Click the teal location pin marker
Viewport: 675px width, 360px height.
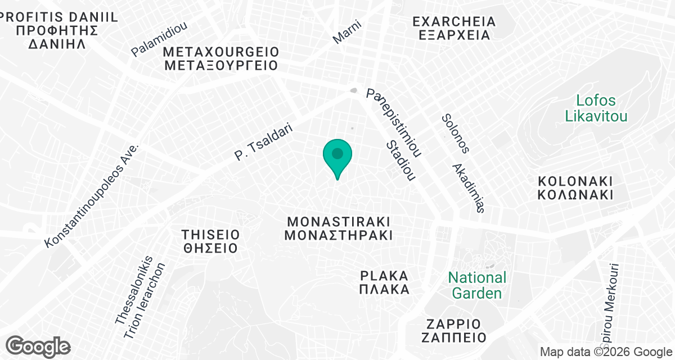[x=337, y=156]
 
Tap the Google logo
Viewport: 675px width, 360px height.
[x=38, y=346]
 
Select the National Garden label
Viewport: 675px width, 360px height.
[x=477, y=285]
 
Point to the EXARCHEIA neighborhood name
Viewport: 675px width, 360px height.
[x=454, y=22]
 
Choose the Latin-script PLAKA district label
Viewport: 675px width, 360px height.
[x=385, y=276]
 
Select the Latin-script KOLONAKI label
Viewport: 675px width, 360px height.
[x=574, y=182]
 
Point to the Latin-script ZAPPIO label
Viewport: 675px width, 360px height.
[x=453, y=324]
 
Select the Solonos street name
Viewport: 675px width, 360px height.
[x=455, y=133]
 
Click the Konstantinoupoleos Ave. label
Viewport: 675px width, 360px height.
[x=92, y=195]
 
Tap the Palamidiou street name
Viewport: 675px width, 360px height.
[x=159, y=39]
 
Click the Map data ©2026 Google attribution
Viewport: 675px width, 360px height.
[x=605, y=352]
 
